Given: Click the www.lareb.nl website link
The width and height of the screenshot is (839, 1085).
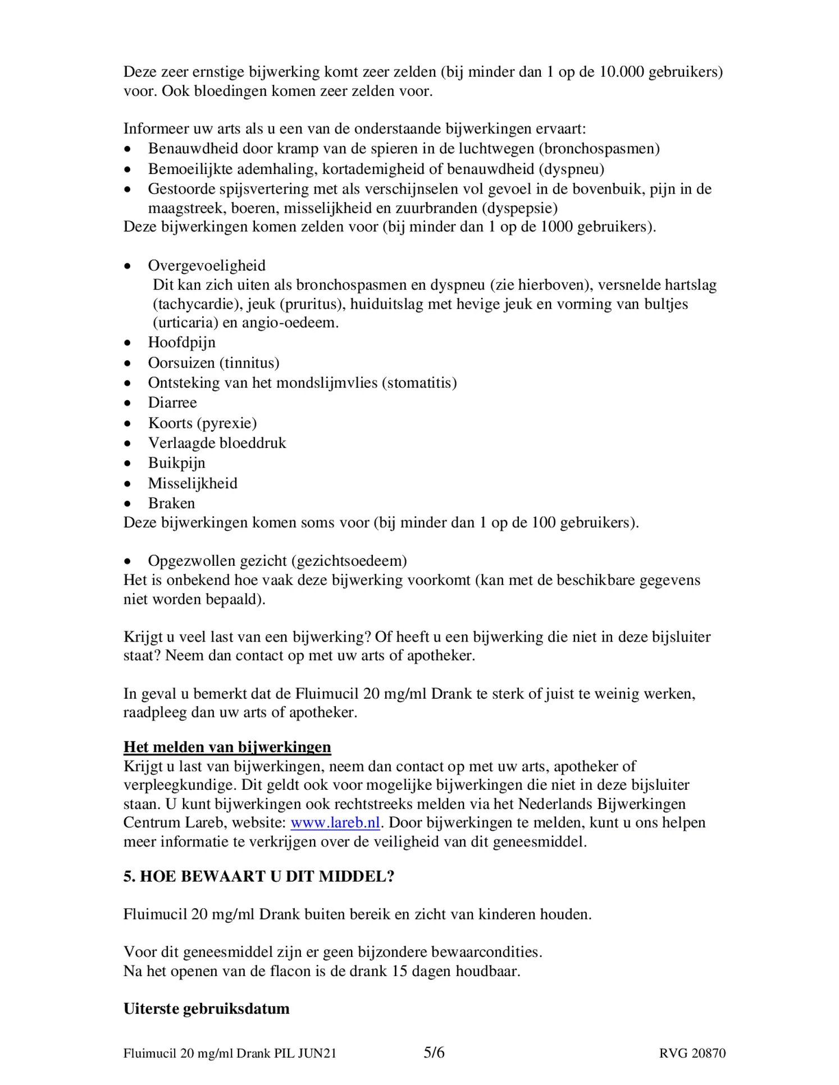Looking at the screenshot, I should pyautogui.click(x=335, y=823).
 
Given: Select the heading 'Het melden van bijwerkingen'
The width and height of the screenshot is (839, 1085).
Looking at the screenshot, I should pyautogui.click(x=227, y=747).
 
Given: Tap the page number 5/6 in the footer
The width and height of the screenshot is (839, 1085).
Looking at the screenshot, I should pyautogui.click(x=434, y=1052).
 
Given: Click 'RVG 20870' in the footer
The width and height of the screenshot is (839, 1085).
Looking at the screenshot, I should pyautogui.click(x=692, y=1054).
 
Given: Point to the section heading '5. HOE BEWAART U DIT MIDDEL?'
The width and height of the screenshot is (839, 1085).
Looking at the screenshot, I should pyautogui.click(x=258, y=876).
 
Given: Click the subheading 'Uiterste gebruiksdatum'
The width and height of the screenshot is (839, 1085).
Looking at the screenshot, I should pyautogui.click(x=206, y=1009).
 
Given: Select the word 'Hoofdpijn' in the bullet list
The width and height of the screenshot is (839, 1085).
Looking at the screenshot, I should pyautogui.click(x=181, y=342).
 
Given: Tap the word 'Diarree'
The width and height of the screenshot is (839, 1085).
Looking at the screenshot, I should pyautogui.click(x=172, y=402).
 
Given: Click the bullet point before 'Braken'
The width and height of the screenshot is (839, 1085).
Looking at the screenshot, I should pyautogui.click(x=128, y=504).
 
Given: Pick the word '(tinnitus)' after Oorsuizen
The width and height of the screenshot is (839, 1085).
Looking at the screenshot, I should pyautogui.click(x=252, y=363).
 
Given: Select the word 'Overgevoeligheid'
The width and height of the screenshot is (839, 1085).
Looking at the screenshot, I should pyautogui.click(x=207, y=265).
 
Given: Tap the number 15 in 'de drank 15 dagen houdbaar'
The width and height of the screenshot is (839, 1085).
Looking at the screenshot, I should pyautogui.click(x=399, y=971).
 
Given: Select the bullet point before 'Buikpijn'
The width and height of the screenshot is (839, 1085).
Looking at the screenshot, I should pyautogui.click(x=128, y=464).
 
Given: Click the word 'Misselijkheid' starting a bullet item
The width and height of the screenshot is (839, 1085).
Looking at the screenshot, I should pyautogui.click(x=193, y=483).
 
